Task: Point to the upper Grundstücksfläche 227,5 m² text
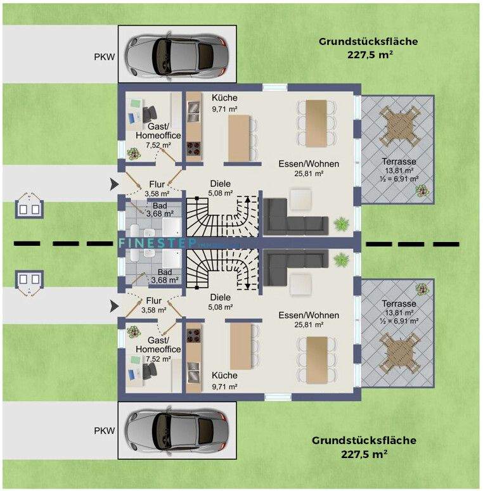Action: coord(368,48)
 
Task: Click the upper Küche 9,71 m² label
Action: coord(224,103)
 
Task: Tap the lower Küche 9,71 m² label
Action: coord(224,380)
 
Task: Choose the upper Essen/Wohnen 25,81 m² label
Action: coord(309,168)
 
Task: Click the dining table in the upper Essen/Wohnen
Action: coord(315,122)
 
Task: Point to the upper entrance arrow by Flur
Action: coord(113,184)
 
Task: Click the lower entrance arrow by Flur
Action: coord(113,306)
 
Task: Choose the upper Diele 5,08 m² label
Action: coord(221,189)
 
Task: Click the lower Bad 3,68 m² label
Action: coord(164,276)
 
